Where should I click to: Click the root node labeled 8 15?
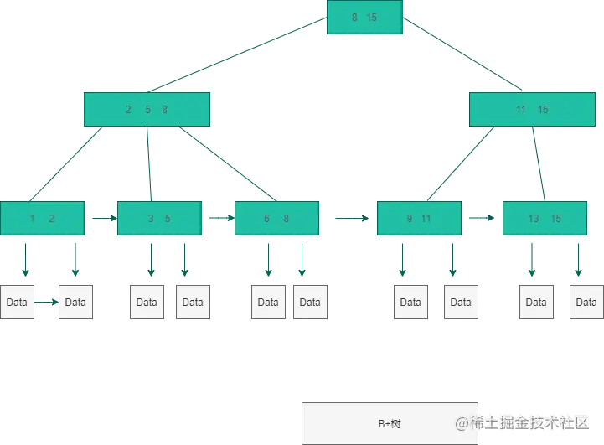(364, 17)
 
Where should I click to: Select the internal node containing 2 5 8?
(147, 110)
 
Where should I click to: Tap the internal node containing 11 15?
(532, 110)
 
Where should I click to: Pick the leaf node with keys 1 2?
(43, 219)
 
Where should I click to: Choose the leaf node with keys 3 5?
(159, 219)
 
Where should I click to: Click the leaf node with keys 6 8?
(276, 219)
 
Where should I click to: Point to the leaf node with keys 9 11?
(419, 219)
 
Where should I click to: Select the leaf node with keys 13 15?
(545, 219)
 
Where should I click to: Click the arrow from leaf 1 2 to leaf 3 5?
(105, 219)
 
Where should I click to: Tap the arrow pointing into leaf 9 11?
(352, 219)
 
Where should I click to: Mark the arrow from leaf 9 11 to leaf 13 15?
(482, 218)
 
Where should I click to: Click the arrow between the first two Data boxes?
(46, 302)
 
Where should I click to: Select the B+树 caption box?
(390, 423)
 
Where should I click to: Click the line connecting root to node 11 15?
(462, 54)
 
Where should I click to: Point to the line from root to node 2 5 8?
(237, 54)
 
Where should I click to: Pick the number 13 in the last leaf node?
(534, 219)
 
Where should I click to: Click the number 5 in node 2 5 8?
(148, 110)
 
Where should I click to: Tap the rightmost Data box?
(586, 302)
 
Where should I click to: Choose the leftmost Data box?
(17, 302)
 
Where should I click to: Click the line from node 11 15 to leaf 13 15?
(539, 163)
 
